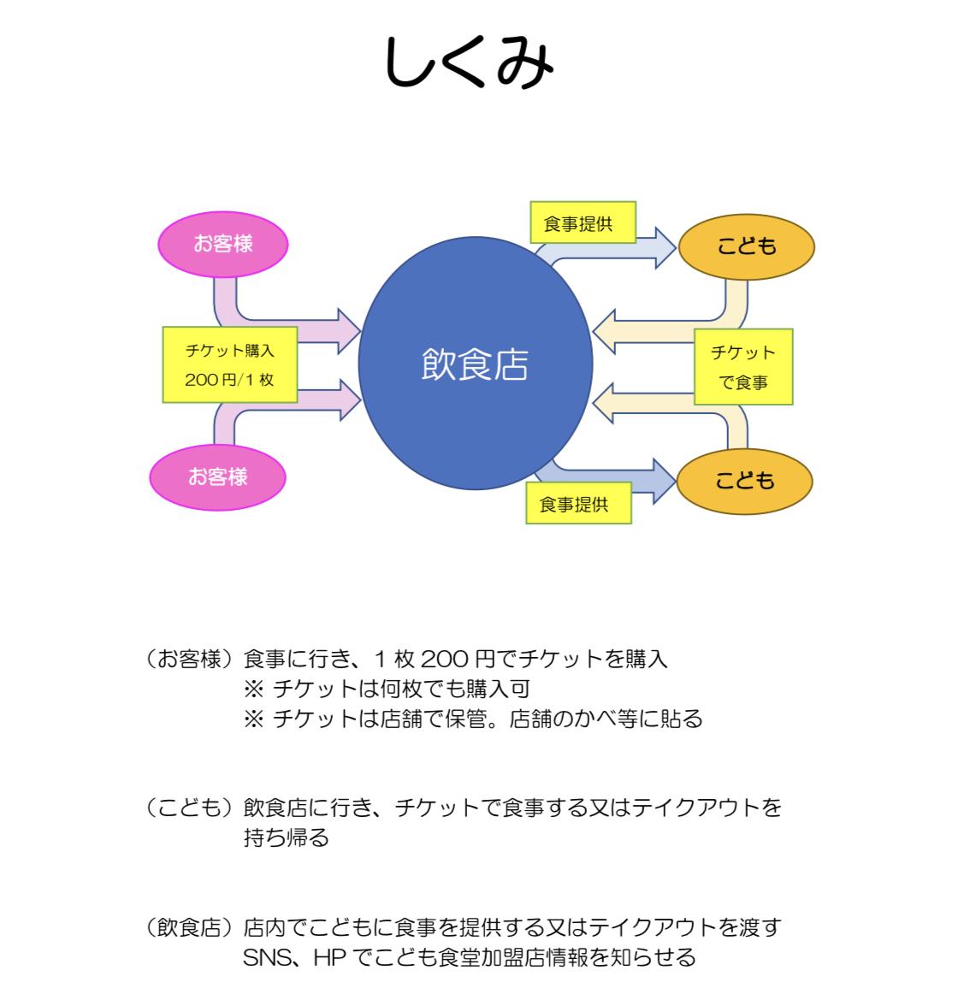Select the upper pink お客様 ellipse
coord(223,245)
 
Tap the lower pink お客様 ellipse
coord(217,476)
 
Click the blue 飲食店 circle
coord(475,364)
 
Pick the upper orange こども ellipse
coord(746,246)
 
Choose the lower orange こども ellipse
coord(744,481)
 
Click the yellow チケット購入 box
coord(229,350)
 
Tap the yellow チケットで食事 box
coord(742,366)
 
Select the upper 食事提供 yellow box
coord(578,224)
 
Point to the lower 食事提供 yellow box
coord(577,505)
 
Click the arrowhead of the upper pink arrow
coord(349,329)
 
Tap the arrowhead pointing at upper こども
coord(665,247)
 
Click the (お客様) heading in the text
coord(189,659)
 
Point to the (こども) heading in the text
coord(189,807)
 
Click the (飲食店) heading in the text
coord(189,927)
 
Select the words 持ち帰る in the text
coord(286,837)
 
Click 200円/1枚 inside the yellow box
coord(229,380)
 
